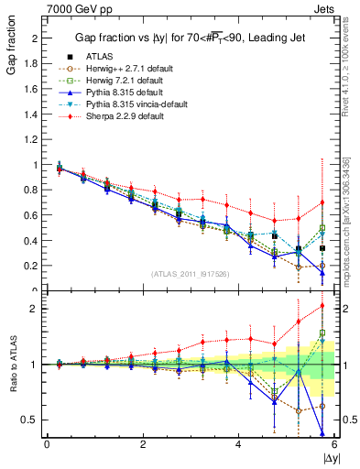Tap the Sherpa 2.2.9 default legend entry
coord(119,117)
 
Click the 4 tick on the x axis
coord(239,444)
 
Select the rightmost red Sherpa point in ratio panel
coord(322,306)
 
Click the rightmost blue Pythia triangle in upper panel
coord(322,272)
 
